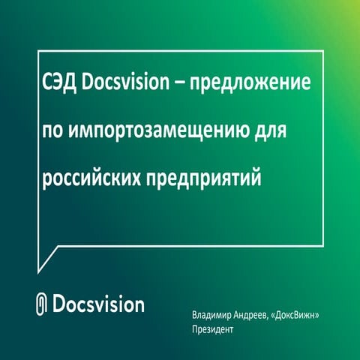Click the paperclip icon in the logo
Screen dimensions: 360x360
[43, 304]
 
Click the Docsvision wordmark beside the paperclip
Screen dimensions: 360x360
[100, 304]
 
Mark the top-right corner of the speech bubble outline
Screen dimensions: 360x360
[323, 50]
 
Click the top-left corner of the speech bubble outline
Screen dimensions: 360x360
[38, 50]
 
